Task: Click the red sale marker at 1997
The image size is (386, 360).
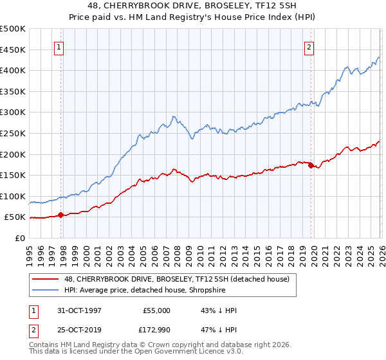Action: (61, 215)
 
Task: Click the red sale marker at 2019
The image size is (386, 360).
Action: (311, 165)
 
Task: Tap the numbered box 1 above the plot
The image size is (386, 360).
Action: (59, 46)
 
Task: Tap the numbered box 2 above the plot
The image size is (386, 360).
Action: (309, 46)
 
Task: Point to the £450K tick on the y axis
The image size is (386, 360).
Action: (13, 50)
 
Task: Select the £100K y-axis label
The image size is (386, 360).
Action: (13, 196)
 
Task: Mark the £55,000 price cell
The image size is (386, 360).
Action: (156, 310)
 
